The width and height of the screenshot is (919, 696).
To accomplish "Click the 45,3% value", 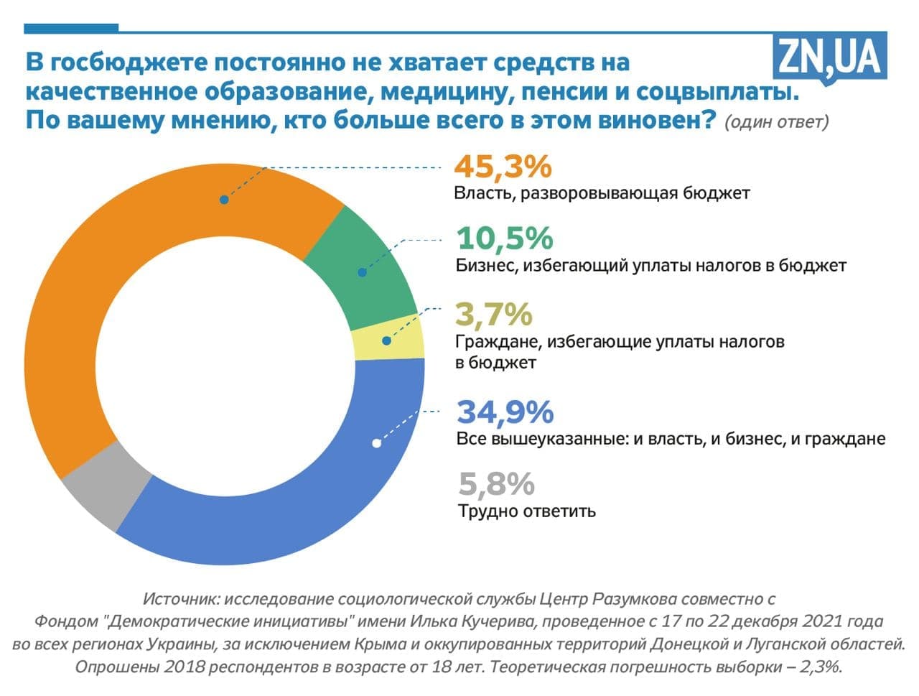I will tap(503, 167).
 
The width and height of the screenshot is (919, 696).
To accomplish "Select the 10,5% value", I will tap(505, 238).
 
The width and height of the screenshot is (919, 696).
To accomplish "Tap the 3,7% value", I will tap(494, 315).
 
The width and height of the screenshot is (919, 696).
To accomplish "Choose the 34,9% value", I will tap(505, 412).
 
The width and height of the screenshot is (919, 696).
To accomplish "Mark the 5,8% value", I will tap(497, 485).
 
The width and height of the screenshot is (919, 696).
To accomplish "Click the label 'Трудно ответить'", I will tap(526, 511).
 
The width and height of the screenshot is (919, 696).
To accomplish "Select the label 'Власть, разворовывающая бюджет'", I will tap(602, 194).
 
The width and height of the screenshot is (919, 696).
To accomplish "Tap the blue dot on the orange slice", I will tap(224, 200).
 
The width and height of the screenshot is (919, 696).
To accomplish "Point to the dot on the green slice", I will tap(363, 272).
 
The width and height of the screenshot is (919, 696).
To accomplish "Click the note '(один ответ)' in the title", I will tap(777, 121).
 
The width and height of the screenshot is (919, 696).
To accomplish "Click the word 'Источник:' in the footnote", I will tap(177, 598).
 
